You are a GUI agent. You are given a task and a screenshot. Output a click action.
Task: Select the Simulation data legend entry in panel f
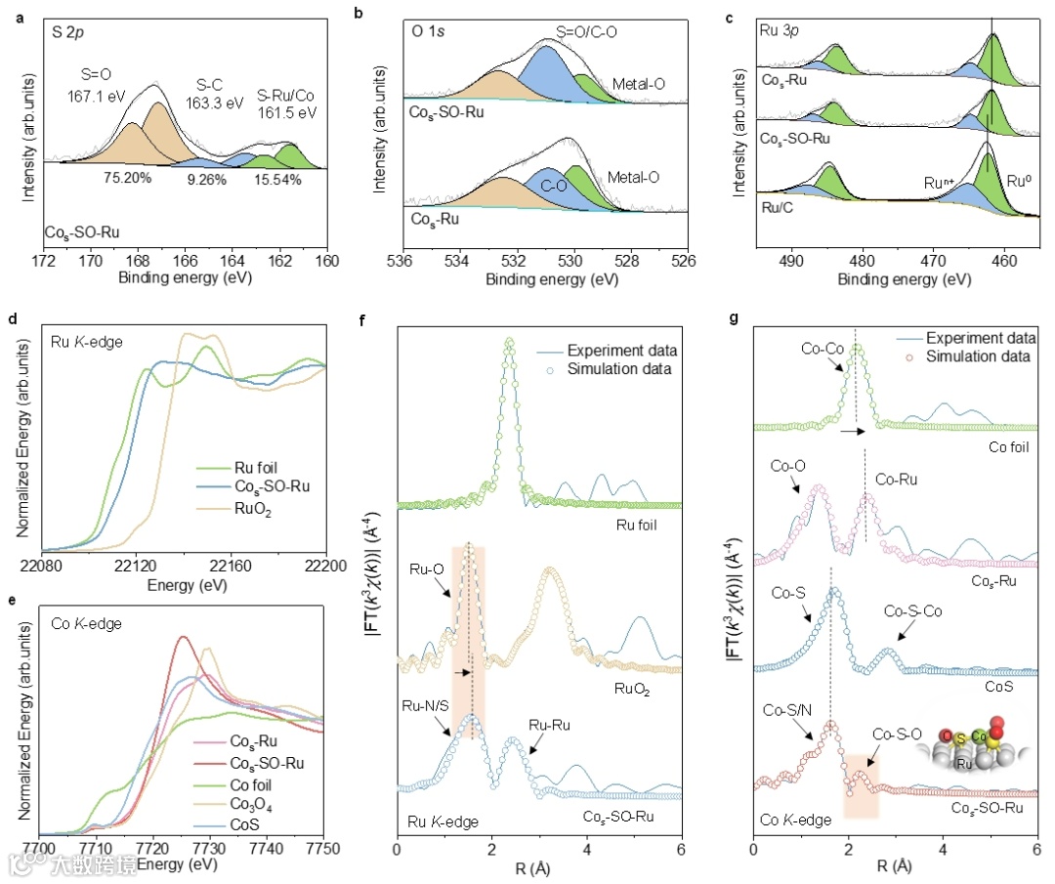pos(621,368)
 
